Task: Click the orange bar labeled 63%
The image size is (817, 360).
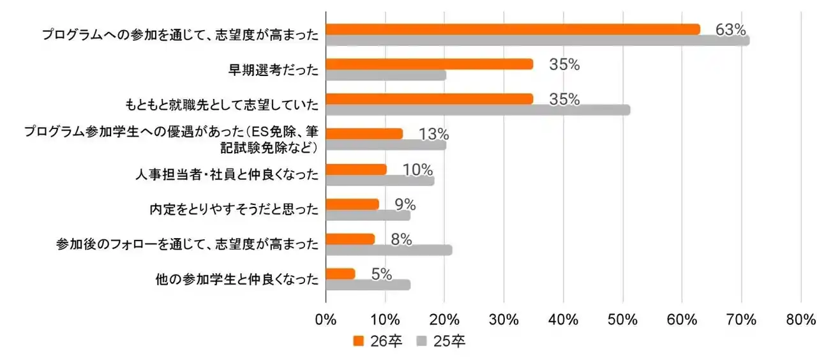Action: pyautogui.click(x=513, y=29)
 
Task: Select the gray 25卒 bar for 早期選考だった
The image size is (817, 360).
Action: pyautogui.click(x=386, y=75)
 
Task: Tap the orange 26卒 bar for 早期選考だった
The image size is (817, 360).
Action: pyautogui.click(x=429, y=64)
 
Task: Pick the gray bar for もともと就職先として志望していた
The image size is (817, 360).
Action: pyautogui.click(x=477, y=110)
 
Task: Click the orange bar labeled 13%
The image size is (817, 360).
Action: pyautogui.click(x=364, y=133)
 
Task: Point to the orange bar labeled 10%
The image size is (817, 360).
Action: pyautogui.click(x=356, y=169)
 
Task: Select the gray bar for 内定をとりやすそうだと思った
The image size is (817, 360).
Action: pyautogui.click(x=368, y=215)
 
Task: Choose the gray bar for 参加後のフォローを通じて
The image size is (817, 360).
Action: pyautogui.click(x=389, y=250)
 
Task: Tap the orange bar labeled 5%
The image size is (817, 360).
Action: pyautogui.click(x=340, y=274)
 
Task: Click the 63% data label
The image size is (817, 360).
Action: pyautogui.click(x=730, y=29)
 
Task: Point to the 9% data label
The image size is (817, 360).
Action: pyautogui.click(x=405, y=204)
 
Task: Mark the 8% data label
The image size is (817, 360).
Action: pyautogui.click(x=401, y=239)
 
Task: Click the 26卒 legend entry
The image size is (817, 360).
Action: pyautogui.click(x=378, y=341)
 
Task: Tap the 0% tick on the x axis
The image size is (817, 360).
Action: pyautogui.click(x=326, y=320)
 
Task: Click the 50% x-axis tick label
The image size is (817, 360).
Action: pyautogui.click(x=622, y=320)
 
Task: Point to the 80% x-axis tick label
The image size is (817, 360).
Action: pyautogui.click(x=800, y=320)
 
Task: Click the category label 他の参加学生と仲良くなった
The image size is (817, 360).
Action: pyautogui.click(x=236, y=280)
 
